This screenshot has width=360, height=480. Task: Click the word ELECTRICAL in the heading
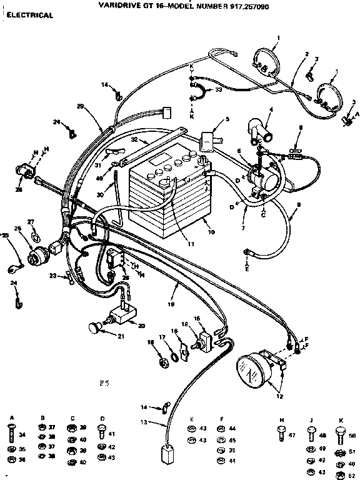pyautogui.click(x=30, y=15)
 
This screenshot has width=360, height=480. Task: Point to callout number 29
pyautogui.click(x=79, y=107)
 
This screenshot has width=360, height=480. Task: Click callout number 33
pyautogui.click(x=218, y=89)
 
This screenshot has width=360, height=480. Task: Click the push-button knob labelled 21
pyautogui.click(x=96, y=326)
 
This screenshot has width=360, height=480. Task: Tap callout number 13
pyautogui.click(x=143, y=422)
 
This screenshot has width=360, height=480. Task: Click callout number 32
pyautogui.click(x=134, y=141)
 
